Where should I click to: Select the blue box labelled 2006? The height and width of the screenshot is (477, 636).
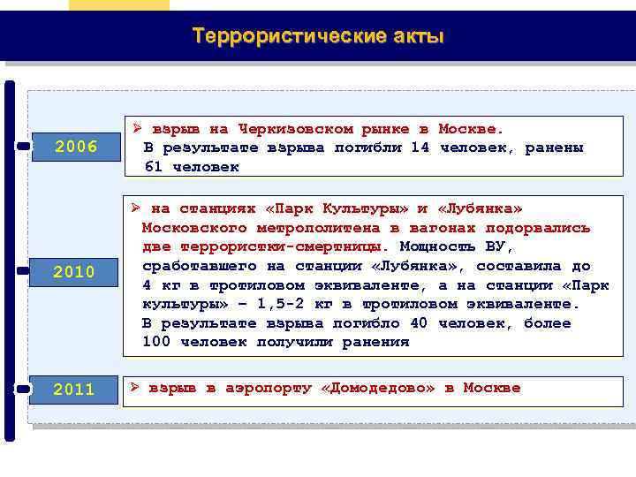[76, 146]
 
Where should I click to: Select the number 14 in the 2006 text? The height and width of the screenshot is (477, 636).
[420, 148]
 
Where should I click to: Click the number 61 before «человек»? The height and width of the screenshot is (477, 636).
[153, 166]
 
